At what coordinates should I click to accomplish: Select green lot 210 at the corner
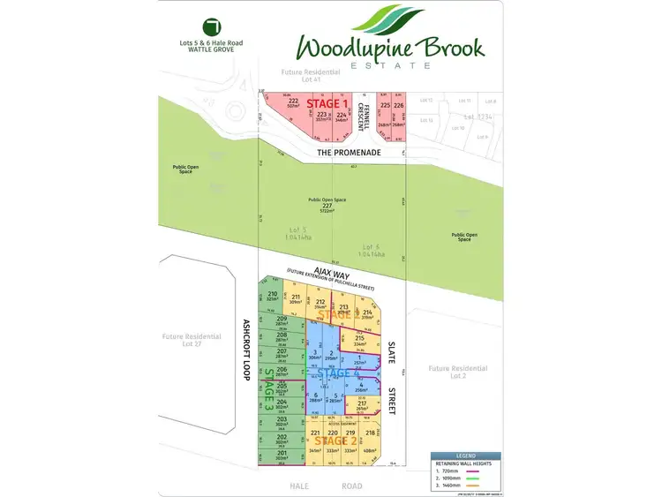(x=272, y=296)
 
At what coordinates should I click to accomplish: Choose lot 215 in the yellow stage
(x=359, y=341)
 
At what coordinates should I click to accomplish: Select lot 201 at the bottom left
(x=282, y=455)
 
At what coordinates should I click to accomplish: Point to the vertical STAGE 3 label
(x=268, y=389)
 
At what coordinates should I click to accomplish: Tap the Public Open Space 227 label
(x=327, y=206)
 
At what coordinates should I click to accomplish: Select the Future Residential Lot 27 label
(x=189, y=341)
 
